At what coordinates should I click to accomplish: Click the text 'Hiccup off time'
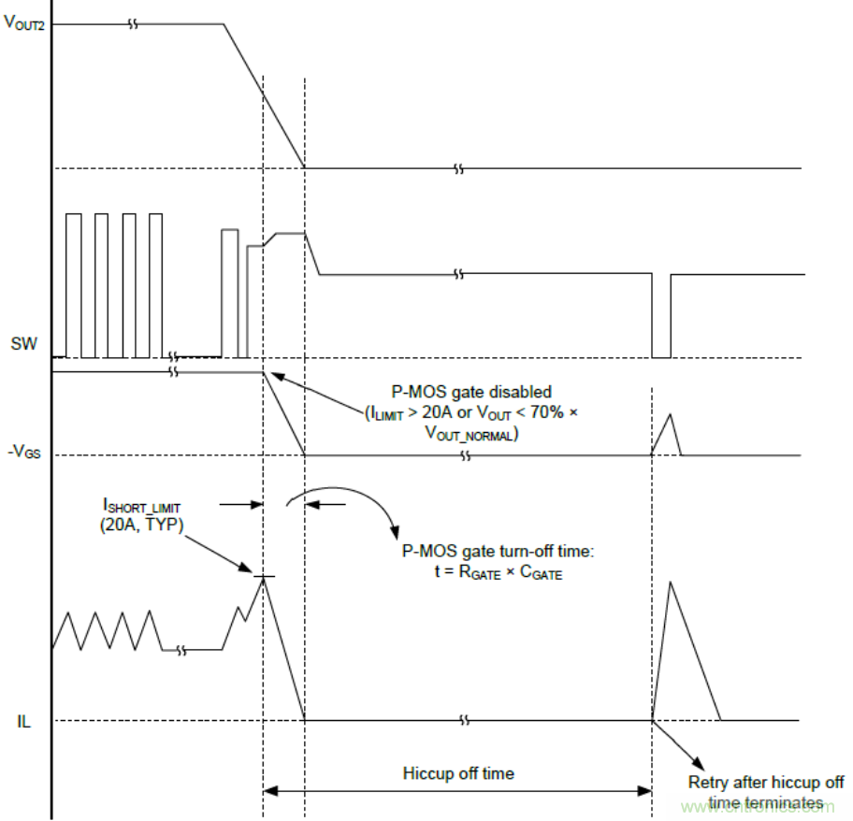tap(457, 773)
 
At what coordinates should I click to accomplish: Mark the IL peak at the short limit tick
tap(264, 577)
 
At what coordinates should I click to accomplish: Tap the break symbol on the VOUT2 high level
tap(133, 24)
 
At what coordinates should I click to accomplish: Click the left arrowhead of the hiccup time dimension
tap(268, 791)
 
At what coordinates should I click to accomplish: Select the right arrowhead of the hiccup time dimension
tap(646, 791)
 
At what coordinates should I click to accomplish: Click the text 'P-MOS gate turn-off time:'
tap(492, 553)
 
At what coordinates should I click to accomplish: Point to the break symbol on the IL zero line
tap(464, 720)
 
